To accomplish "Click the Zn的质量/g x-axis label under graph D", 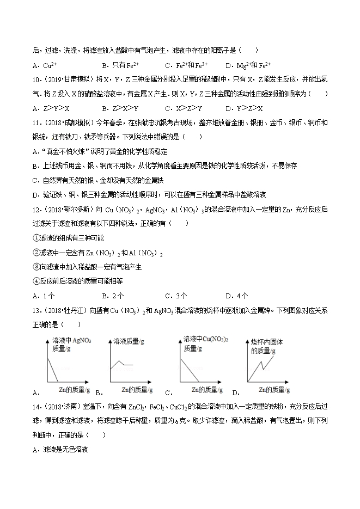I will (274, 390).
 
